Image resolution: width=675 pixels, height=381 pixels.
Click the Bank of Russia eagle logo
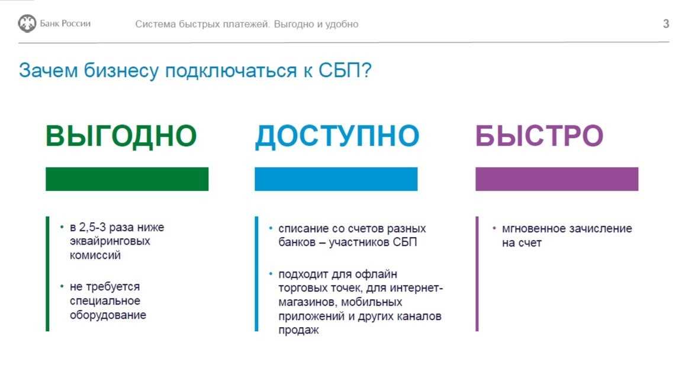click(x=27, y=23)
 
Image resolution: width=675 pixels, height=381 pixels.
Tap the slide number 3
click(x=666, y=24)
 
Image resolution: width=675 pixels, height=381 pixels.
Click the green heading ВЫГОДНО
click(x=121, y=136)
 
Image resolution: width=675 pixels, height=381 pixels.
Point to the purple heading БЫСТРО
click(x=539, y=136)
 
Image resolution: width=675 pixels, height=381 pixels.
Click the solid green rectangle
click(x=127, y=179)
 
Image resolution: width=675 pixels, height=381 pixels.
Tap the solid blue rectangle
click(x=336, y=179)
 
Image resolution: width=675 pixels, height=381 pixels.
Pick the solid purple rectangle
click(x=557, y=179)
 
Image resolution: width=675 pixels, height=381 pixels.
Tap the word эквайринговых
click(x=110, y=241)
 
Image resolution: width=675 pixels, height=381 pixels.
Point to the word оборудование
click(x=108, y=315)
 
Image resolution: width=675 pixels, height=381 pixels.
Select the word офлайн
click(x=376, y=274)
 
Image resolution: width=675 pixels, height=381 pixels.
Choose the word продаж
click(x=298, y=330)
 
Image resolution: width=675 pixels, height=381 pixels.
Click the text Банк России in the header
click(x=65, y=23)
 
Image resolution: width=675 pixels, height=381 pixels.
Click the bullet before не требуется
click(x=62, y=286)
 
